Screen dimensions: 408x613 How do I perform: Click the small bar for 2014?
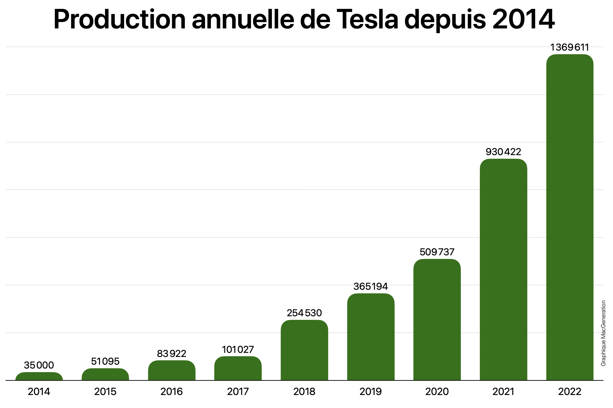click(x=39, y=376)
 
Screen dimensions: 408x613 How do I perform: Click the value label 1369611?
click(x=570, y=47)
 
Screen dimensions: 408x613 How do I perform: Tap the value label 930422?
click(x=503, y=152)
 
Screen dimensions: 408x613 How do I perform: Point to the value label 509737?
click(x=437, y=252)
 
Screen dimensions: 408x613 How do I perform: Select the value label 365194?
click(x=371, y=286)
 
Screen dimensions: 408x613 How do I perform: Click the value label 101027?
click(x=238, y=349)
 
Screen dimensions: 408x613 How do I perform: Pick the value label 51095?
click(x=105, y=362)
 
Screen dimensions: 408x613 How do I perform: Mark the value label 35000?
click(x=39, y=365)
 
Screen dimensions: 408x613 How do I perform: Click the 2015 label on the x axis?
click(x=105, y=392)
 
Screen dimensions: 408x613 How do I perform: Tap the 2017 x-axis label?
click(x=238, y=392)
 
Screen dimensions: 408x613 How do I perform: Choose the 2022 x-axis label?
click(x=570, y=392)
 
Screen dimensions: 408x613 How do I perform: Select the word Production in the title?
click(x=119, y=20)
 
